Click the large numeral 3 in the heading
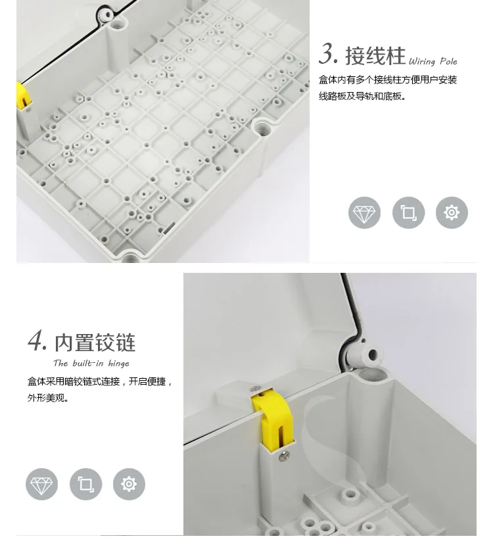[328, 54]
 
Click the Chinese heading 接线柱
[375, 55]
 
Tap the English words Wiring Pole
[433, 62]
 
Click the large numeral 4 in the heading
[37, 341]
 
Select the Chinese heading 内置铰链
[95, 343]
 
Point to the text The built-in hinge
[91, 364]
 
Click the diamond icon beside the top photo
[364, 212]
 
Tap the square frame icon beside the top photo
[408, 212]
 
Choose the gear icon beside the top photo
[452, 212]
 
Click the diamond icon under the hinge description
[41, 484]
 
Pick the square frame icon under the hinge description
[86, 484]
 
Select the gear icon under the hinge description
[129, 484]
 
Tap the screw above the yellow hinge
[256, 389]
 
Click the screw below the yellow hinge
[285, 455]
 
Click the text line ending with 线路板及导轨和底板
[362, 96]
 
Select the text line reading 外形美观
[48, 398]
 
